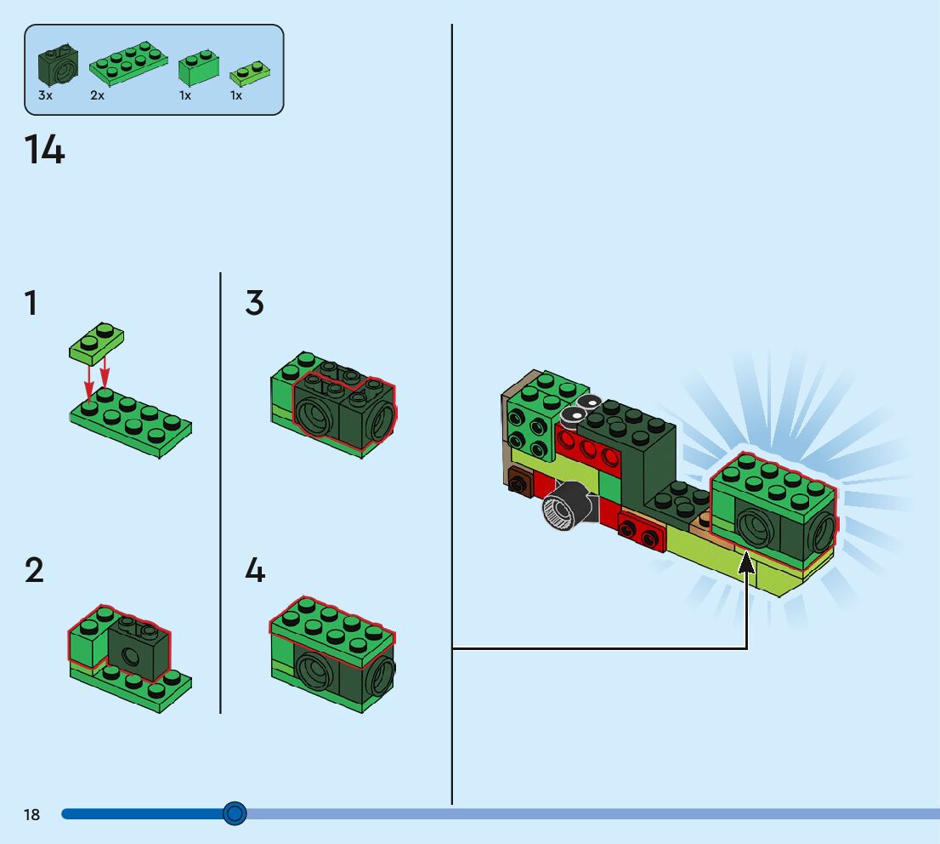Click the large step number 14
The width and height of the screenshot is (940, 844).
(x=44, y=151)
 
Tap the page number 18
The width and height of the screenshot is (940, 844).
(x=31, y=815)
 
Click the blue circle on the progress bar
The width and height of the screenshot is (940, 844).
(x=235, y=813)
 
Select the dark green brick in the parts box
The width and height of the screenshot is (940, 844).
(x=58, y=66)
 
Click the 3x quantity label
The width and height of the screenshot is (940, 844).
(x=45, y=96)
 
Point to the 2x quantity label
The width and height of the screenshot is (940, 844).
(x=98, y=96)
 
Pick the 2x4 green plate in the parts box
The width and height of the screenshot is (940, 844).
(x=127, y=63)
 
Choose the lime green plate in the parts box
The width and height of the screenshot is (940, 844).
(x=250, y=73)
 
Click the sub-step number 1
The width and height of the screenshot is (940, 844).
(x=31, y=304)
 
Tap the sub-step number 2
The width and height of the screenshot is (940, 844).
(x=33, y=570)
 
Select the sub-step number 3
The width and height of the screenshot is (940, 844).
(x=255, y=304)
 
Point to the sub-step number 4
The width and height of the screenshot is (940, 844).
(x=255, y=570)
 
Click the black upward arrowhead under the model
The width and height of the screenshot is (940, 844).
(x=746, y=563)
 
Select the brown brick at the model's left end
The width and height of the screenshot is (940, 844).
(x=519, y=481)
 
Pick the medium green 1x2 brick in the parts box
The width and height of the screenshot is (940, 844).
(x=199, y=69)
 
